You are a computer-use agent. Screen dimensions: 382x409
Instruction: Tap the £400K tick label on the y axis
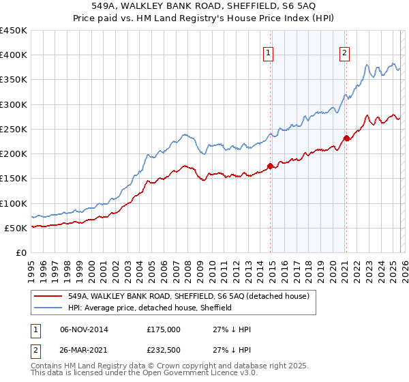[14, 55]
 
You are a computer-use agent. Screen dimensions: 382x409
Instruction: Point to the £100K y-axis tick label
[14, 203]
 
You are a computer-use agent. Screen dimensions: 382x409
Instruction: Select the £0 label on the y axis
[20, 252]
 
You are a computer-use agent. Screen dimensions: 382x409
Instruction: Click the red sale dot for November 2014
[271, 166]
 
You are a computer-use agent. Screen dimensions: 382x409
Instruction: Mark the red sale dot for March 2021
[346, 138]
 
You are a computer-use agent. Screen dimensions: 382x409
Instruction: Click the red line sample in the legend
[50, 296]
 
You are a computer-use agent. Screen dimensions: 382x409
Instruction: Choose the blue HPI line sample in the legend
[50, 308]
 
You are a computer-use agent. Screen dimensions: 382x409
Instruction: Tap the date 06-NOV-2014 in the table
[84, 329]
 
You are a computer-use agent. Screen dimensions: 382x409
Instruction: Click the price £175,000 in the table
[164, 329]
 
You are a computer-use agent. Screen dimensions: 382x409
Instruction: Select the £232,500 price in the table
[164, 351]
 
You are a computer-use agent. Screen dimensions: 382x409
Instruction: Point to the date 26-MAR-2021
[84, 351]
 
